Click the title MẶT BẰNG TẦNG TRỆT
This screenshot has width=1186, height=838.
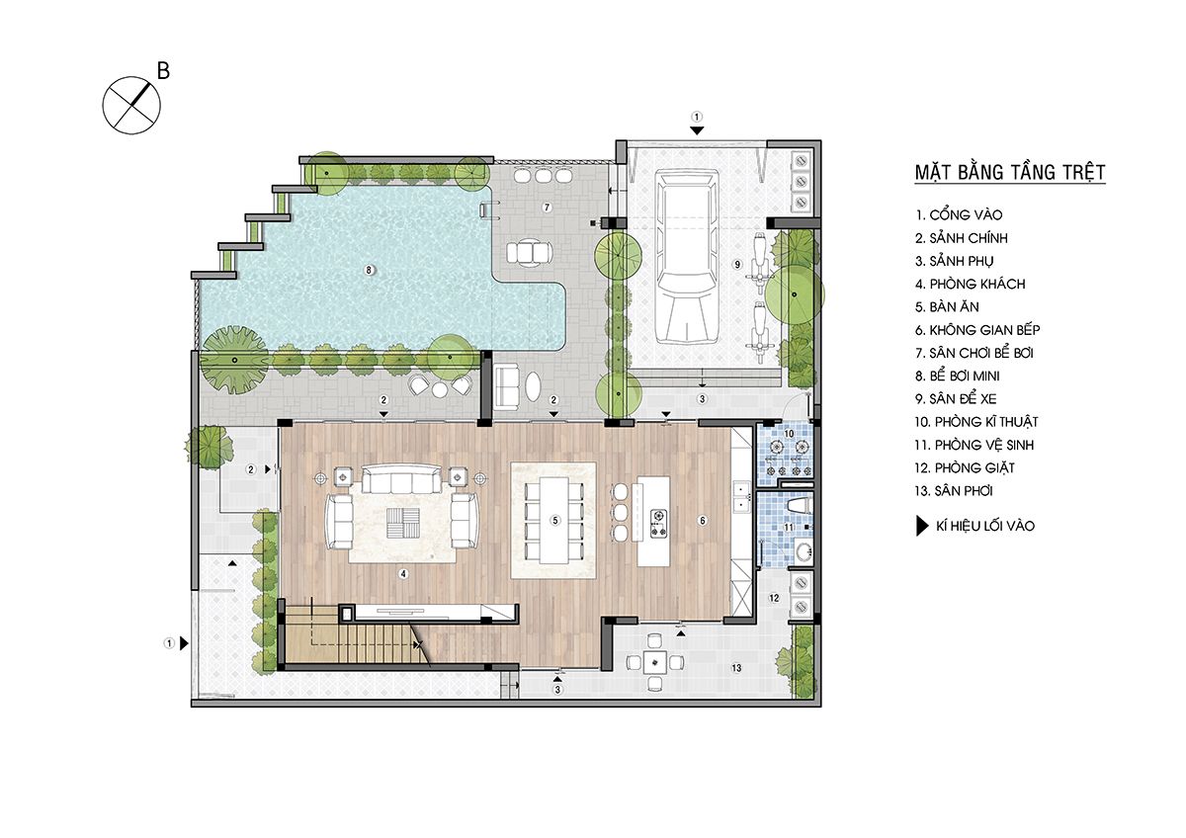click(x=1010, y=173)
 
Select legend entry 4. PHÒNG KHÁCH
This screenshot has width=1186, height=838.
click(x=970, y=285)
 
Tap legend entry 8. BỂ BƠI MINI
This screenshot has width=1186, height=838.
click(x=958, y=376)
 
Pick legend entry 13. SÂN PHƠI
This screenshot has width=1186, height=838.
click(x=953, y=491)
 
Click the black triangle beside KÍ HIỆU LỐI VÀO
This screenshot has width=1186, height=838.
click(x=922, y=526)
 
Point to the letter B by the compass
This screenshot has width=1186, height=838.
click(x=164, y=71)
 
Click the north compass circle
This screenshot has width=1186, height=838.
click(x=131, y=106)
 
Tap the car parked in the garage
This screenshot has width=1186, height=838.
click(x=687, y=256)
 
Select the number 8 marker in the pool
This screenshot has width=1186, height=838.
click(x=369, y=271)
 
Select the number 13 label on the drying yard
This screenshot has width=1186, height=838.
click(x=736, y=668)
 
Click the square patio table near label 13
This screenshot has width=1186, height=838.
click(x=655, y=662)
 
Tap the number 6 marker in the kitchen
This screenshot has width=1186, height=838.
click(x=703, y=521)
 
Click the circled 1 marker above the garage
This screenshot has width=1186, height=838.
click(x=697, y=117)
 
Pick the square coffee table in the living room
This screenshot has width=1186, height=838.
click(x=403, y=523)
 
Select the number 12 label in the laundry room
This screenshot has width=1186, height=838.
click(x=774, y=598)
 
